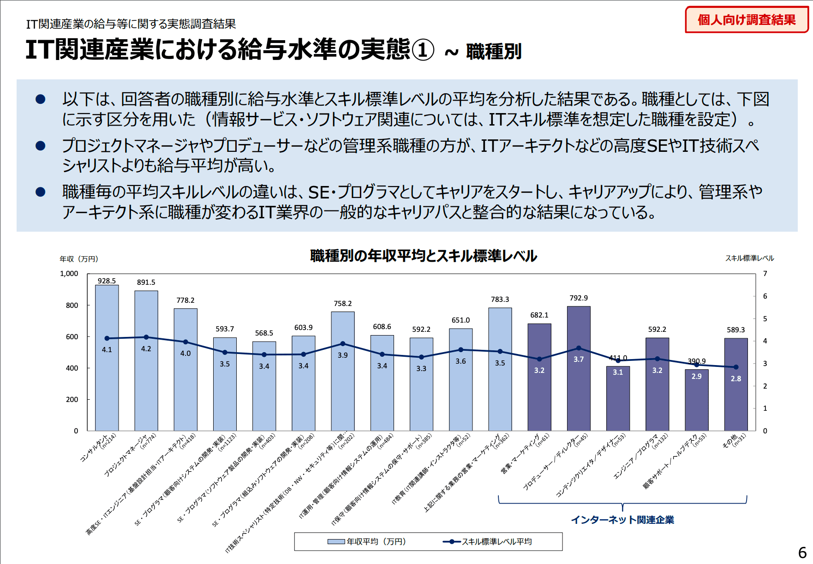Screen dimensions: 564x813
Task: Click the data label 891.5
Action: (x=146, y=282)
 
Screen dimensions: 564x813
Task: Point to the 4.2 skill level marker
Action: (x=146, y=337)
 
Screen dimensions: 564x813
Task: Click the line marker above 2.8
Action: (x=736, y=367)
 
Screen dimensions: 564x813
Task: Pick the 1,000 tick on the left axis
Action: (x=69, y=274)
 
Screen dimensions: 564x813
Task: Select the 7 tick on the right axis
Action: (x=765, y=274)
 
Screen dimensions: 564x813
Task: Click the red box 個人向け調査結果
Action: (x=747, y=20)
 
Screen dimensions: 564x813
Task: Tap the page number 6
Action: (x=802, y=552)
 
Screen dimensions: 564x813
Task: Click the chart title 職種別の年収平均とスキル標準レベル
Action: (x=424, y=256)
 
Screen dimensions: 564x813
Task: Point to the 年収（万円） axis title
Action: (x=79, y=259)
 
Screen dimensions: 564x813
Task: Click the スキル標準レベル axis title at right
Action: (x=749, y=258)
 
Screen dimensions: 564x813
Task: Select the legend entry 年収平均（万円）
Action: (x=367, y=541)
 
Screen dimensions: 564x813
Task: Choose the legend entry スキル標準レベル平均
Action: (x=487, y=541)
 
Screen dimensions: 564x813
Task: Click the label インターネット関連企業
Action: (x=622, y=520)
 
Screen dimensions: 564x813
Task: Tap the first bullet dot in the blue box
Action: (x=41, y=99)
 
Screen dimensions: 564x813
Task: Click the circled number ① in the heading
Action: (x=423, y=50)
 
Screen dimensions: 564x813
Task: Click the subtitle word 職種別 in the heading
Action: (x=494, y=52)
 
